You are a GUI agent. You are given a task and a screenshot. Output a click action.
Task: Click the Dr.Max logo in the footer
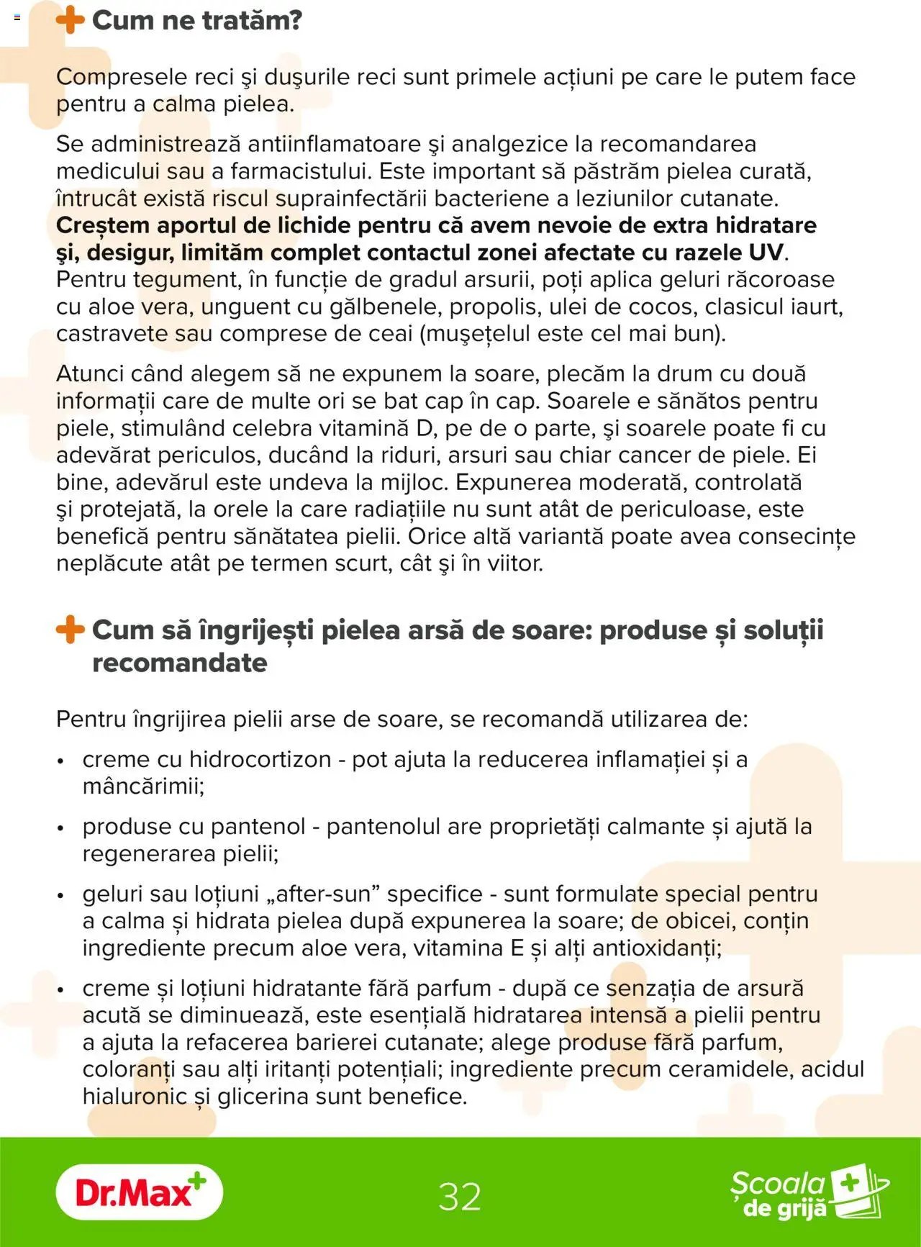(139, 1192)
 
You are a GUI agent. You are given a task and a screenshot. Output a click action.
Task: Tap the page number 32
(460, 1197)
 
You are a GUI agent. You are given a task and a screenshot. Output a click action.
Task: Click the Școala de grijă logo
(809, 1194)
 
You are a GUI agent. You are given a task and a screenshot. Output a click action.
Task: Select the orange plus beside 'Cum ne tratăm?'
(70, 19)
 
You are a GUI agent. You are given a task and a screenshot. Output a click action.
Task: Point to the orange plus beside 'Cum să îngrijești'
(70, 630)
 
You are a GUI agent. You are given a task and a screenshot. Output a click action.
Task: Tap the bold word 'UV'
(766, 253)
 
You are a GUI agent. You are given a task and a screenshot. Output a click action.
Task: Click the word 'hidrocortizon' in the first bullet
(260, 759)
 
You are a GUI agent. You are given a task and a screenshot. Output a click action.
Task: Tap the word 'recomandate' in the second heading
(179, 663)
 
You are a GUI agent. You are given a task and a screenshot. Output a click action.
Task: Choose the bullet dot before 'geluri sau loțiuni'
(61, 896)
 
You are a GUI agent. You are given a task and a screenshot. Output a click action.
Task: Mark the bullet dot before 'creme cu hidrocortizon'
(61, 761)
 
